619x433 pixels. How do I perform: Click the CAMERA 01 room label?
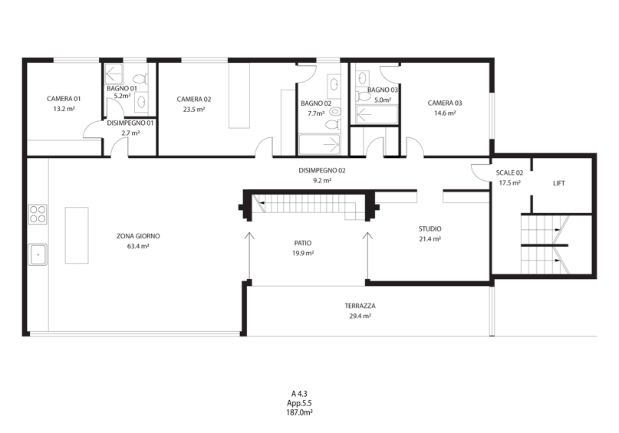pos(64,99)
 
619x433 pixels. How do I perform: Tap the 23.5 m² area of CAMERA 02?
pos(194,110)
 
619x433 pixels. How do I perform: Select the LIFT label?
pos(558,183)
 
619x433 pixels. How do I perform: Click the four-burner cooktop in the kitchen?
pos(38,214)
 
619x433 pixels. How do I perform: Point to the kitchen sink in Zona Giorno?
pos(38,254)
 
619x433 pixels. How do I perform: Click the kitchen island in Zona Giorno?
pos(77,235)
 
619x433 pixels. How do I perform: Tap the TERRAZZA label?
pos(360,306)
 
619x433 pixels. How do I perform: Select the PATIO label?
pos(303,243)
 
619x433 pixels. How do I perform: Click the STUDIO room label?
pos(430,228)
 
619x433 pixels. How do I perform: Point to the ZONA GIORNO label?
pos(138,236)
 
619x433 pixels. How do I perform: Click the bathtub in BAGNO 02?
pos(319,144)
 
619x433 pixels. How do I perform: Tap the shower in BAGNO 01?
pos(114,74)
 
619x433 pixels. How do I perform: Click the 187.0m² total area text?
pos(299,412)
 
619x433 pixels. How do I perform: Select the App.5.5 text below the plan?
pos(299,403)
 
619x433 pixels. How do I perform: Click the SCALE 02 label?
pos(509,172)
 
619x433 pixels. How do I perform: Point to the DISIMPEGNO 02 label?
pos(321,170)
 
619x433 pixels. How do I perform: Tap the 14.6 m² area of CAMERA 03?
pos(445,113)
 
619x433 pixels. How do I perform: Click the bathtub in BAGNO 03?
pos(377,114)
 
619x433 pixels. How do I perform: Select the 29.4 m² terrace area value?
pos(360,316)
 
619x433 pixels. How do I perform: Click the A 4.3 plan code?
pos(299,394)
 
